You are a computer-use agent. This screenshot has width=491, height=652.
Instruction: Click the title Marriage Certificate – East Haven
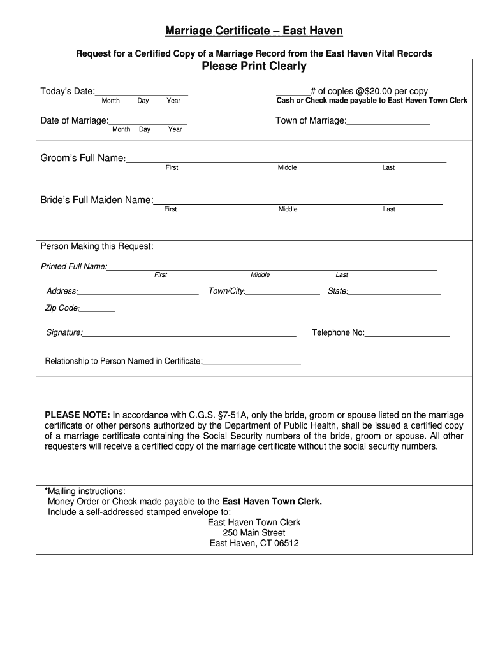tap(254, 31)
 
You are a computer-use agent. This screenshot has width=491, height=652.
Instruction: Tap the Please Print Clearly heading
tap(254, 66)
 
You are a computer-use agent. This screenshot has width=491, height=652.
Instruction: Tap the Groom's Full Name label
tap(83, 158)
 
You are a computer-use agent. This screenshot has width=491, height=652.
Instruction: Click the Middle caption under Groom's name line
tap(287, 167)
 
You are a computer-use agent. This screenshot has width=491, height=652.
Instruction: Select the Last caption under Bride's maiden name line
tap(389, 209)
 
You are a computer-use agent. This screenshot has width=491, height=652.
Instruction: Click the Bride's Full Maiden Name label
tap(97, 200)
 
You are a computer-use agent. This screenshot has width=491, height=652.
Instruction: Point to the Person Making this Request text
tap(97, 246)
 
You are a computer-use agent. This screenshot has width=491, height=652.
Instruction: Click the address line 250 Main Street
tap(254, 533)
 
